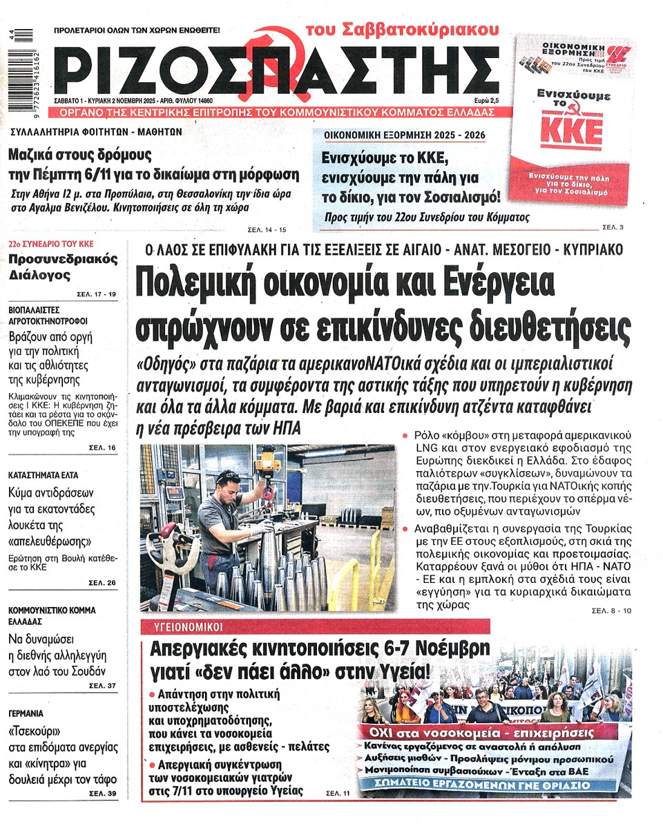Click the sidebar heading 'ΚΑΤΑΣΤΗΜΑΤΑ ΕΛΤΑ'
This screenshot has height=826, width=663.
tap(44, 475)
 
